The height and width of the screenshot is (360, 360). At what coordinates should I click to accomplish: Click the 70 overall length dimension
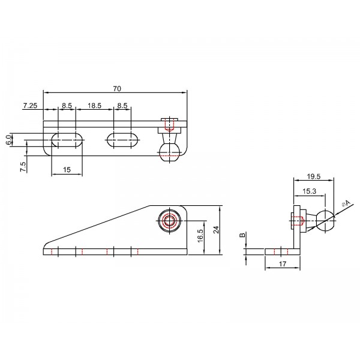pyautogui.click(x=117, y=89)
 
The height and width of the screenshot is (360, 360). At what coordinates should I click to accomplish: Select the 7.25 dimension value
pyautogui.click(x=30, y=106)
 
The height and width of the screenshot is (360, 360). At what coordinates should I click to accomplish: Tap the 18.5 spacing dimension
pyautogui.click(x=94, y=106)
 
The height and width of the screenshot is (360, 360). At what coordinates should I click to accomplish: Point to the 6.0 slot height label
pyautogui.click(x=8, y=140)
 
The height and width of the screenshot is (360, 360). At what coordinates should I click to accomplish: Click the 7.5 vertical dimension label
pyautogui.click(x=23, y=167)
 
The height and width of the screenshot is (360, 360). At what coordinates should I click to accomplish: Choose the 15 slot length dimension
pyautogui.click(x=67, y=170)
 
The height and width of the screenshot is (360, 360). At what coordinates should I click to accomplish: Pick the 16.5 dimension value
pyautogui.click(x=200, y=236)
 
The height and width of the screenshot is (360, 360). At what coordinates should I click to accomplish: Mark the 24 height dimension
pyautogui.click(x=216, y=230)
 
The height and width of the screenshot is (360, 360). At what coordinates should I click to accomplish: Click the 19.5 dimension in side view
pyautogui.click(x=314, y=176)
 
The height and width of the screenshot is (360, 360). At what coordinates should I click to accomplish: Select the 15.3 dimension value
pyautogui.click(x=309, y=191)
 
